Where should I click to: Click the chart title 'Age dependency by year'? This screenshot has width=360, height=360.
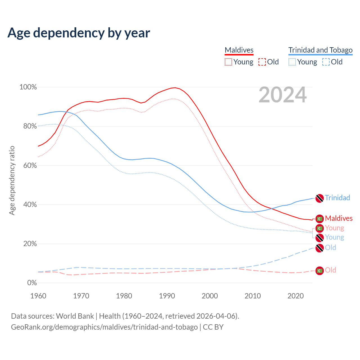point(79,33)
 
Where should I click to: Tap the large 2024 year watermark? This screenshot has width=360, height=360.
point(282,95)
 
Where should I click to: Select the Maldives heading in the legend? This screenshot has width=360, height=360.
point(239,50)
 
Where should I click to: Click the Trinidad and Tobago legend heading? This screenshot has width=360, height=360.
point(320,50)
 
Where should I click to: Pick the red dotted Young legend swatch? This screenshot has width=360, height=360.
point(228,62)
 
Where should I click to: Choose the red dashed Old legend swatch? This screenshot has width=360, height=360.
point(262,62)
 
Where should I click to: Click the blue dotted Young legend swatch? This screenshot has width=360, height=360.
point(292,62)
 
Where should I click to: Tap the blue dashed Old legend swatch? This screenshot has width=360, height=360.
point(326,62)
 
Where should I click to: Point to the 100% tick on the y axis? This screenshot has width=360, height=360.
point(28,87)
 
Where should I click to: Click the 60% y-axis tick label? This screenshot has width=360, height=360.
point(30,165)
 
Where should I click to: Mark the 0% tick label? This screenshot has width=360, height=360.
point(32,283)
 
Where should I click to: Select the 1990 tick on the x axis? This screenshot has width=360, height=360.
point(167,296)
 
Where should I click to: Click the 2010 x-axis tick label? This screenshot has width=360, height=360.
point(253,296)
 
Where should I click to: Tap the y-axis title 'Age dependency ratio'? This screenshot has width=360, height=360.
point(12,180)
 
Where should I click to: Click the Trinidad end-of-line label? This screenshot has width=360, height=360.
point(337,198)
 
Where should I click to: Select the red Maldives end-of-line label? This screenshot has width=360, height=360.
point(339,218)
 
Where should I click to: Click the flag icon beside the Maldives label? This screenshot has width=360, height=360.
point(319,219)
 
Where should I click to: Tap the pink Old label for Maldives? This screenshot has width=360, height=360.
point(330,270)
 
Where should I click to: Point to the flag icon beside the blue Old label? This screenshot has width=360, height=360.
point(319,248)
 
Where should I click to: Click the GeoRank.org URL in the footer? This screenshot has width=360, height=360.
point(104,327)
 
